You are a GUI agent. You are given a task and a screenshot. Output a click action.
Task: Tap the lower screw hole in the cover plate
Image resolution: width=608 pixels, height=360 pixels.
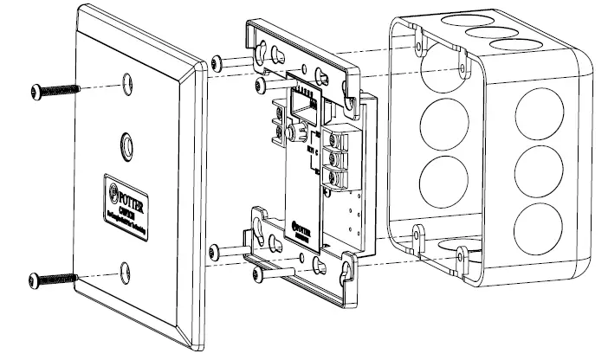pyautogui.click(x=126, y=270)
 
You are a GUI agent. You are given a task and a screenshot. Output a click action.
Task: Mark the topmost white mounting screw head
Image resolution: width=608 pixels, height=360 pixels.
pyautogui.click(x=216, y=63)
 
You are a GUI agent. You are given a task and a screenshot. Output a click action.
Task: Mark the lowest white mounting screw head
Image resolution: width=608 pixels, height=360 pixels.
pyautogui.click(x=256, y=274)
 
